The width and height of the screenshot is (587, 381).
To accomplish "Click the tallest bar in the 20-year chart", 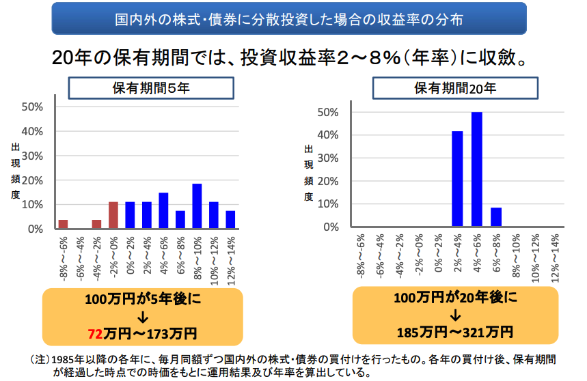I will [x=477, y=169].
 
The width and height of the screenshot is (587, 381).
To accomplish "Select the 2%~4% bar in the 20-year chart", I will [x=457, y=178].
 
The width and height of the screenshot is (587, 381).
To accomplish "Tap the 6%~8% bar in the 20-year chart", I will [x=496, y=217].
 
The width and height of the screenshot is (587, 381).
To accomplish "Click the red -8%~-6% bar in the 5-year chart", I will [x=63, y=224].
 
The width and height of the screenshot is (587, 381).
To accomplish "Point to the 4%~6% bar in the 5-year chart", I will [x=163, y=210].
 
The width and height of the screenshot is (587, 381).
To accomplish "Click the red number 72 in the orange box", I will [x=96, y=334].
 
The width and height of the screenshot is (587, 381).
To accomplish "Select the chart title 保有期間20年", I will [x=455, y=88].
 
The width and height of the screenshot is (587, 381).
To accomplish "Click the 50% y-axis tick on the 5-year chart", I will [x=33, y=107].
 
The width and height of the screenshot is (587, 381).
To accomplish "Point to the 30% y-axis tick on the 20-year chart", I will [x=328, y=158].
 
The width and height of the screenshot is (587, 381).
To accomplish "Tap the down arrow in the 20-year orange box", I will [x=455, y=315].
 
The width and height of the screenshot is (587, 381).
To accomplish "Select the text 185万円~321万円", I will [x=455, y=333].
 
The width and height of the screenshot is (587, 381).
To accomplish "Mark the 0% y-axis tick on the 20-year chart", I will [x=331, y=227].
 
